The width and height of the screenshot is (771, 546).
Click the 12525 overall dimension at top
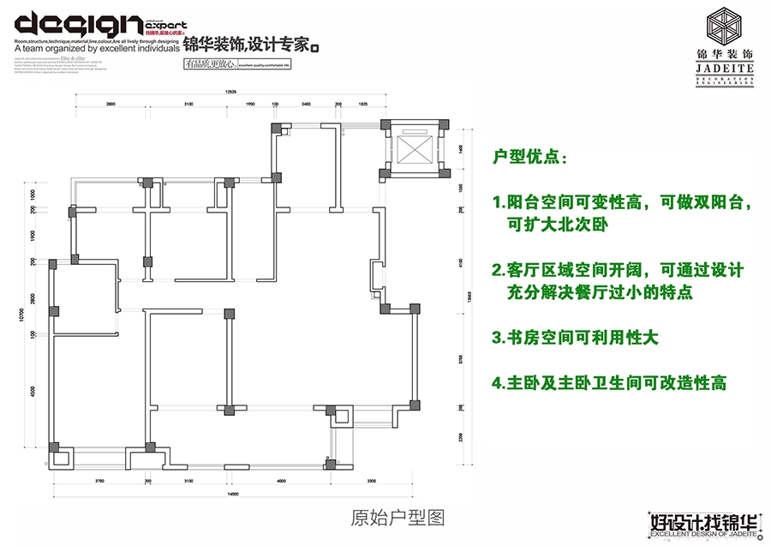pyautogui.click(x=230, y=90)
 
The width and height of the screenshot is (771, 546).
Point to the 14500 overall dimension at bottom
pyautogui.click(x=232, y=495)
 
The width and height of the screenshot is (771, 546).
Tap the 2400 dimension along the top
pyautogui.click(x=306, y=104)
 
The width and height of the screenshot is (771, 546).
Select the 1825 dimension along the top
pyautogui.click(x=362, y=104)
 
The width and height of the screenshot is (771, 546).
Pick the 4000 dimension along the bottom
pyautogui.click(x=281, y=482)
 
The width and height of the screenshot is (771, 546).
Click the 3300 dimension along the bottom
pyautogui.click(x=372, y=482)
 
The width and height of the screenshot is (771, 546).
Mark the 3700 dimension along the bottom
pyautogui.click(x=99, y=482)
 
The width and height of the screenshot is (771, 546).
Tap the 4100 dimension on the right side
pyautogui.click(x=460, y=263)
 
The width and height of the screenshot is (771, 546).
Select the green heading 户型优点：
pyautogui.click(x=529, y=159)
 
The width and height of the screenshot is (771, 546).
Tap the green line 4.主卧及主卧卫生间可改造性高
pyautogui.click(x=609, y=383)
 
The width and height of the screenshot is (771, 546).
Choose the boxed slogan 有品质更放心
pyautogui.click(x=209, y=63)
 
